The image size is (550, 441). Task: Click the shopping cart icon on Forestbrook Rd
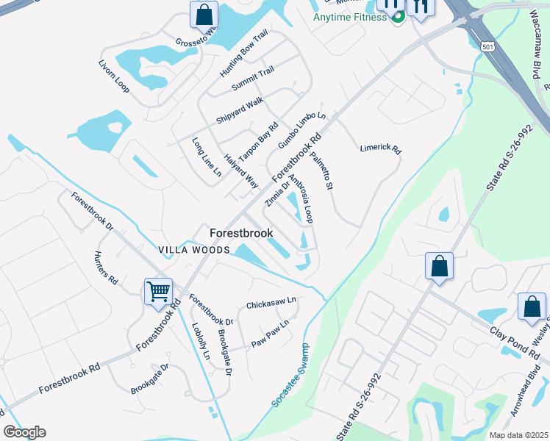tap(158, 292)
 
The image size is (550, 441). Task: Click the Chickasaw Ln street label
tap(271, 303)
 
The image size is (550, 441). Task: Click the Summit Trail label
tap(253, 79)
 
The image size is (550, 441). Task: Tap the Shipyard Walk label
tap(239, 110)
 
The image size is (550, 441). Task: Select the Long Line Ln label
tap(207, 157)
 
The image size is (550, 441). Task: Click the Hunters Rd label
tap(105, 268)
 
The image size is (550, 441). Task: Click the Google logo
tap(24, 432)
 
